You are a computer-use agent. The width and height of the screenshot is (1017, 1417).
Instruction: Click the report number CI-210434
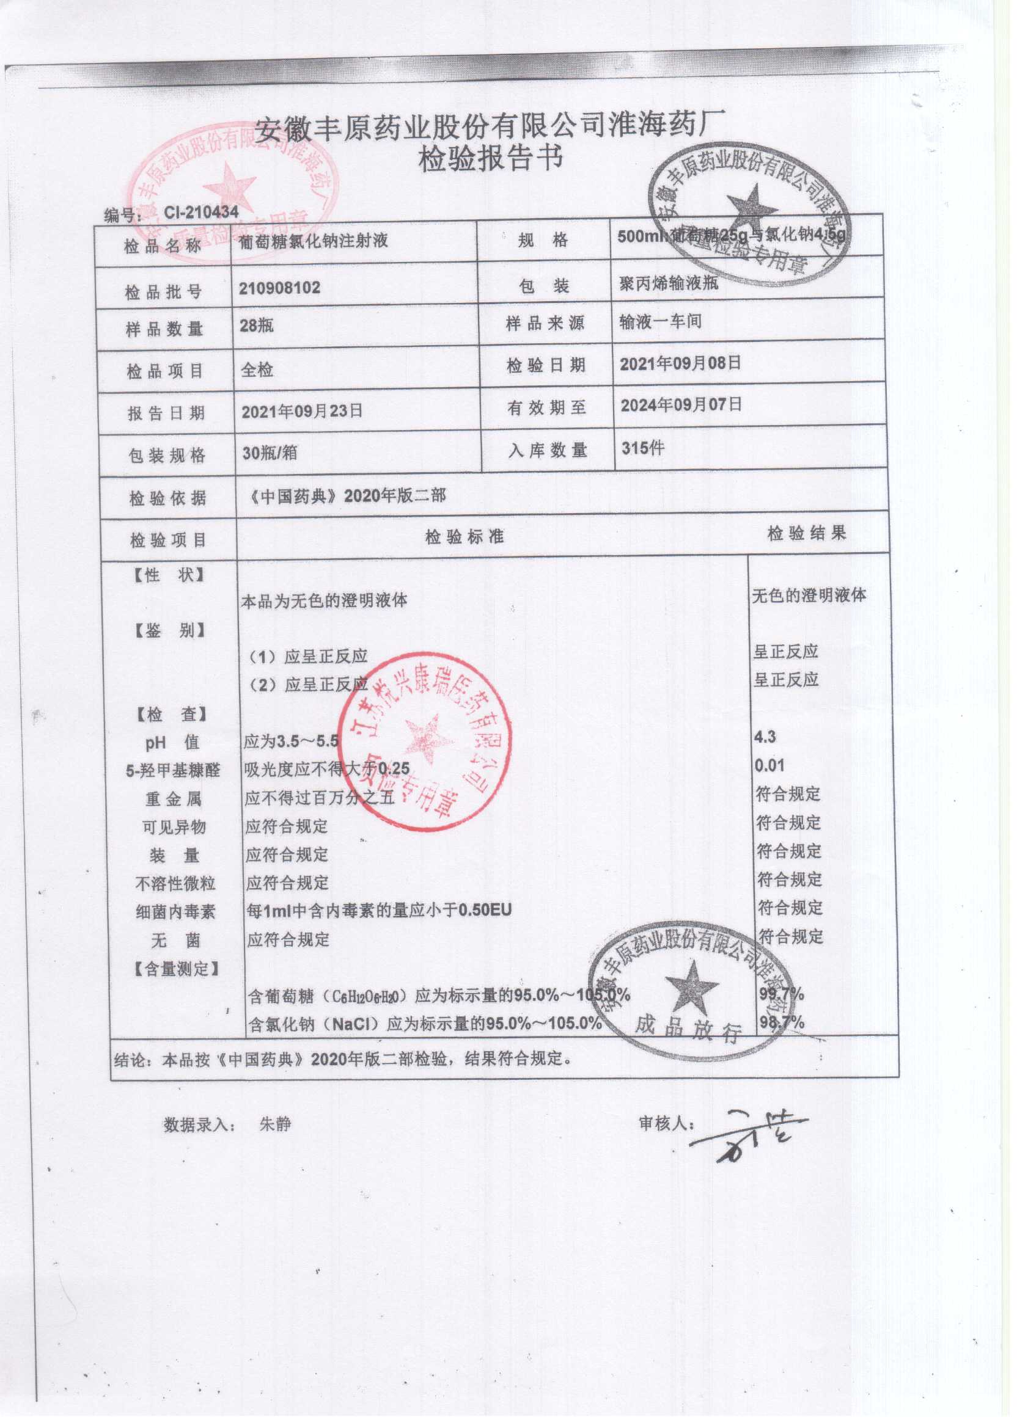pos(201,213)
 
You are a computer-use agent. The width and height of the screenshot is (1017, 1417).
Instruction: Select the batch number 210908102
pos(280,288)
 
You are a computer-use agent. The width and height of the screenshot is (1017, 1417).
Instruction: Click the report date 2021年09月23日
pos(302,411)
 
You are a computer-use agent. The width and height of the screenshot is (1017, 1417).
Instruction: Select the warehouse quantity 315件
pos(643,448)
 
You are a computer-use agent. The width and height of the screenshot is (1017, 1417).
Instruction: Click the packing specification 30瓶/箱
pos(270,453)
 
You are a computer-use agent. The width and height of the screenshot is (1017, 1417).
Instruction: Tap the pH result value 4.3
pos(765,737)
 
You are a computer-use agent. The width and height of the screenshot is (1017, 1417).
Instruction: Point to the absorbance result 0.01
pos(769,766)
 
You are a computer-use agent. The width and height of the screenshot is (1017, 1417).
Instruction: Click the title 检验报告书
pos(491,159)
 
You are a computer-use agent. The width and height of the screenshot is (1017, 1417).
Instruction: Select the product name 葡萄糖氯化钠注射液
pos(314,242)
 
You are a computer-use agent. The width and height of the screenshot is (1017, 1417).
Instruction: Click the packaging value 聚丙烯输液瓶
pos(666,283)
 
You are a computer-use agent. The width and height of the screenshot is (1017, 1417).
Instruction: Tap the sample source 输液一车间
pos(661,322)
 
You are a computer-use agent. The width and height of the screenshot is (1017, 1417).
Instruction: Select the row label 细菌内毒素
pos(175,912)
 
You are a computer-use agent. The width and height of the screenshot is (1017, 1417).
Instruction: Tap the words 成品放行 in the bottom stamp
pos(688,1029)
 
